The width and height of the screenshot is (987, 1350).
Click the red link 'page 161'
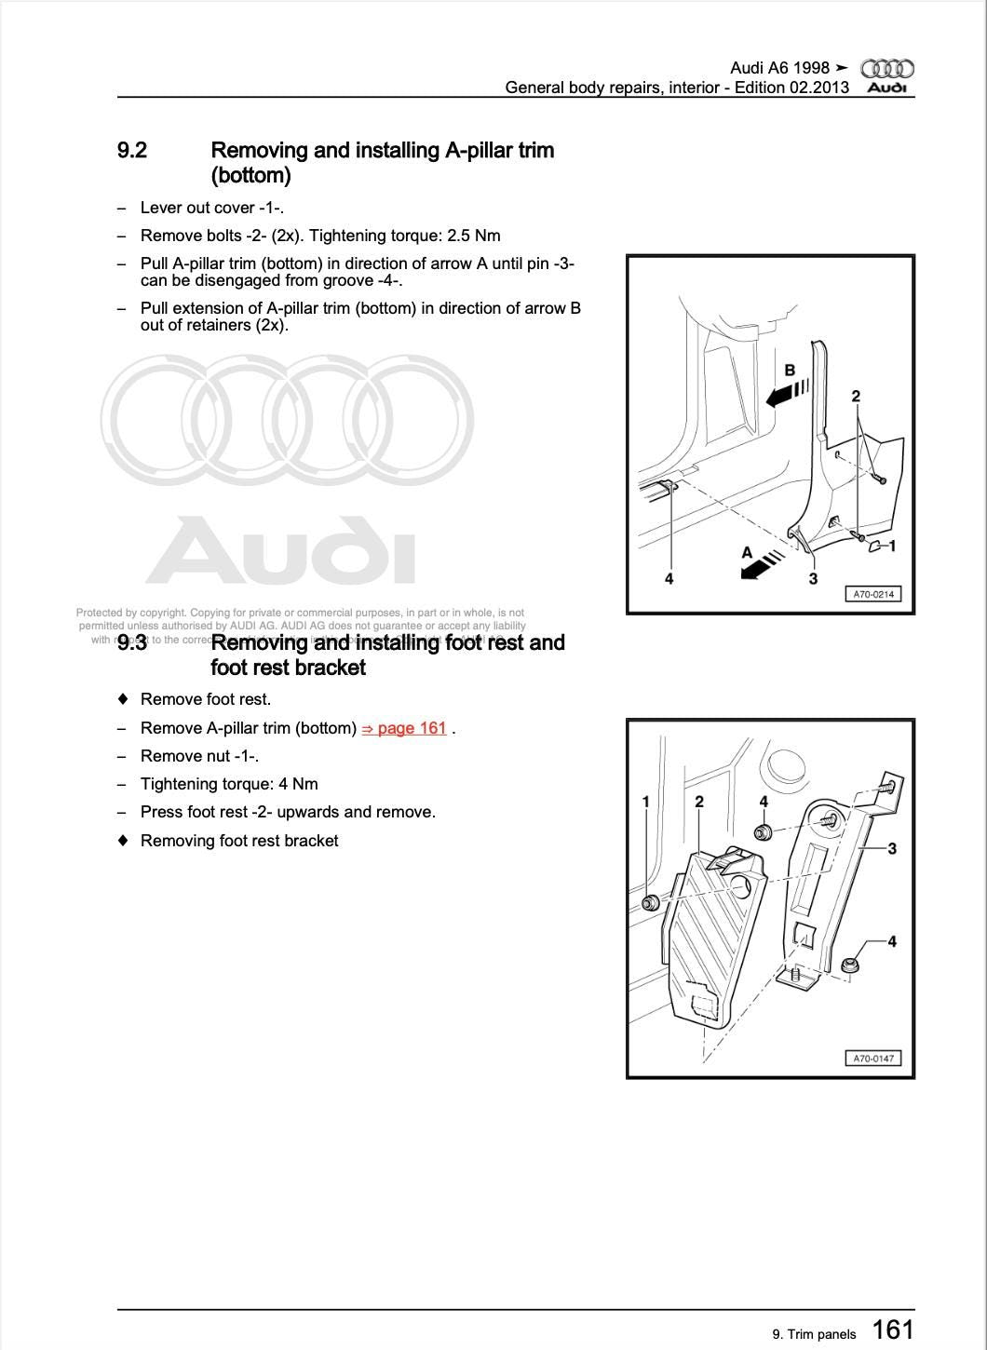(404, 728)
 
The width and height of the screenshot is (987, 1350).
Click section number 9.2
(132, 151)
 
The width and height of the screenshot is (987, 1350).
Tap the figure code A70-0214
(872, 594)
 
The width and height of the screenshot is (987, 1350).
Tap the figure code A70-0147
(872, 1058)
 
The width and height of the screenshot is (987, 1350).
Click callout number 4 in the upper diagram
(669, 579)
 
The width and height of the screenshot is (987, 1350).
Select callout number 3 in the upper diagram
(813, 579)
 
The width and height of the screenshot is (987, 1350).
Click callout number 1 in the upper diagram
(892, 546)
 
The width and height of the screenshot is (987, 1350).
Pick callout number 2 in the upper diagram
(856, 397)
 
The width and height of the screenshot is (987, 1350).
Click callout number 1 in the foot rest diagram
(646, 802)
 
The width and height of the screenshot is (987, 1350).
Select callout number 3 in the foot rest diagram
(892, 848)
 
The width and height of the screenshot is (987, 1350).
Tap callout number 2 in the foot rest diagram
(699, 802)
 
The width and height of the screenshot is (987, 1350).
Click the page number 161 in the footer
(893, 1330)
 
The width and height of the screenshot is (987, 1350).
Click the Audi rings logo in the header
(886, 68)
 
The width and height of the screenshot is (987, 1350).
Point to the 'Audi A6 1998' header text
(779, 68)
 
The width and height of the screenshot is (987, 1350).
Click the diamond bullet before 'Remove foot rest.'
(122, 699)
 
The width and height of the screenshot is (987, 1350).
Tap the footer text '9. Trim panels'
(814, 1334)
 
